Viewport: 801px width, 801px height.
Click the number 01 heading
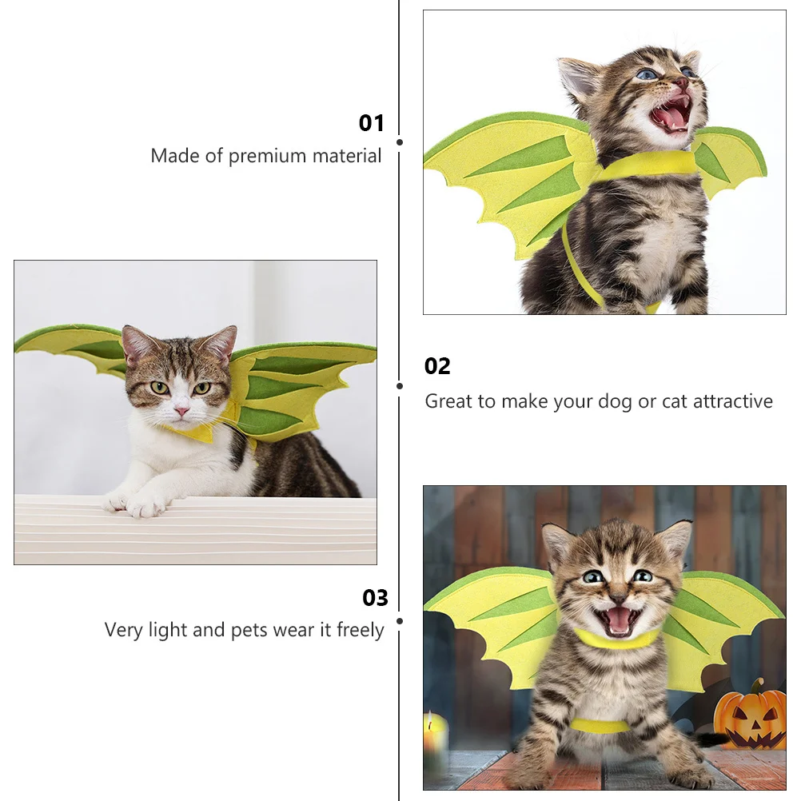point(372,123)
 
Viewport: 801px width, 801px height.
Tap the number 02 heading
point(437,366)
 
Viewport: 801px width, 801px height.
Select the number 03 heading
point(375,598)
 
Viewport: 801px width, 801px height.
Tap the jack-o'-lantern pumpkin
point(750,716)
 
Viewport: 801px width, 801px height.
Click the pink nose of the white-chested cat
point(182,411)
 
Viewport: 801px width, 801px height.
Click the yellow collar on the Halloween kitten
point(617,640)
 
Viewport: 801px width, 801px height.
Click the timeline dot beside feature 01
point(400,142)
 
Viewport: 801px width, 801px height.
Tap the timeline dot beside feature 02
point(400,385)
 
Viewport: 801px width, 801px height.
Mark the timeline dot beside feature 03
point(400,620)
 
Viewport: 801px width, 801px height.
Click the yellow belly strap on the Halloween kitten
point(600,726)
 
